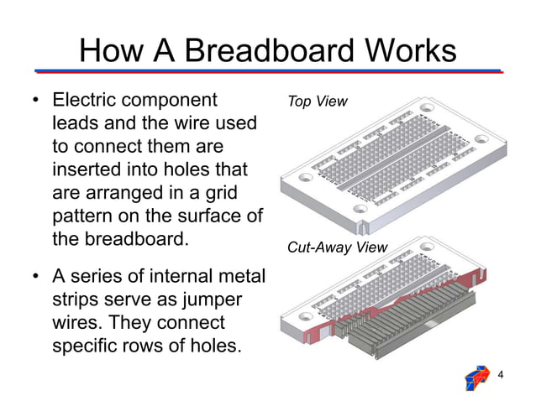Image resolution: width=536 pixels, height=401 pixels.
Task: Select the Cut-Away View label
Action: pos(337,247)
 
